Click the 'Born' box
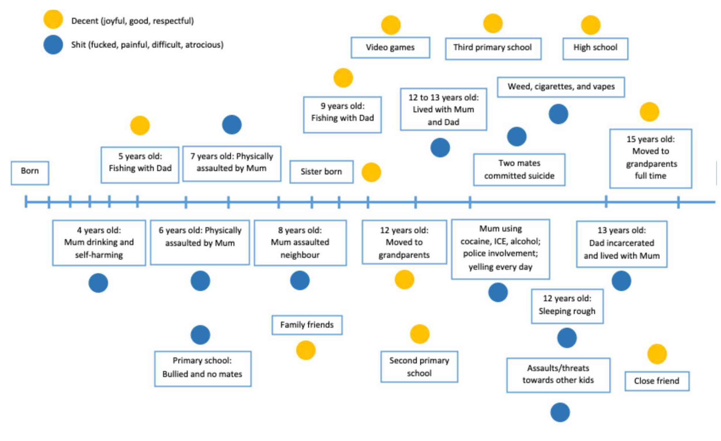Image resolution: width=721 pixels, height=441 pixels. click(30, 173)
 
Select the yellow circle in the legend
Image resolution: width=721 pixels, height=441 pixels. click(53, 19)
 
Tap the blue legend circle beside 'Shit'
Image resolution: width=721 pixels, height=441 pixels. click(53, 45)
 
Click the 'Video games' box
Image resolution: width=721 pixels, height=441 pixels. click(390, 47)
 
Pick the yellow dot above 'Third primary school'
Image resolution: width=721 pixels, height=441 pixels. click(493, 23)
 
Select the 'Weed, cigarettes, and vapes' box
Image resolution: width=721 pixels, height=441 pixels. click(561, 87)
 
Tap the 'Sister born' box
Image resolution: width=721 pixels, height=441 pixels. click(321, 172)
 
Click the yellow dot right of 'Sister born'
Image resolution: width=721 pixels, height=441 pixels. click(371, 172)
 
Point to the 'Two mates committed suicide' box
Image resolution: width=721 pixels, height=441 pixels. click(519, 169)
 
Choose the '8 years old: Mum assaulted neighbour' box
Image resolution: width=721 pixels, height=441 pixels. click(300, 243)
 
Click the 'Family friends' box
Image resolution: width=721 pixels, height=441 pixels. click(307, 325)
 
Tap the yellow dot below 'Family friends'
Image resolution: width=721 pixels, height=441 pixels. click(306, 350)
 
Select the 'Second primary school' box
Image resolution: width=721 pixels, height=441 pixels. click(419, 366)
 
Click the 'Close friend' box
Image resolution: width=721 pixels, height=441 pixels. click(657, 381)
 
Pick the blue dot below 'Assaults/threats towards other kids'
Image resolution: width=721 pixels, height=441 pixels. click(560, 412)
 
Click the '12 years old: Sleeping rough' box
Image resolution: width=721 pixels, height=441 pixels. click(567, 306)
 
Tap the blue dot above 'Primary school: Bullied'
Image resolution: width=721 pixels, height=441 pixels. click(200, 335)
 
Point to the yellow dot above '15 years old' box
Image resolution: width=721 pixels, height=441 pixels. click(649, 112)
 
